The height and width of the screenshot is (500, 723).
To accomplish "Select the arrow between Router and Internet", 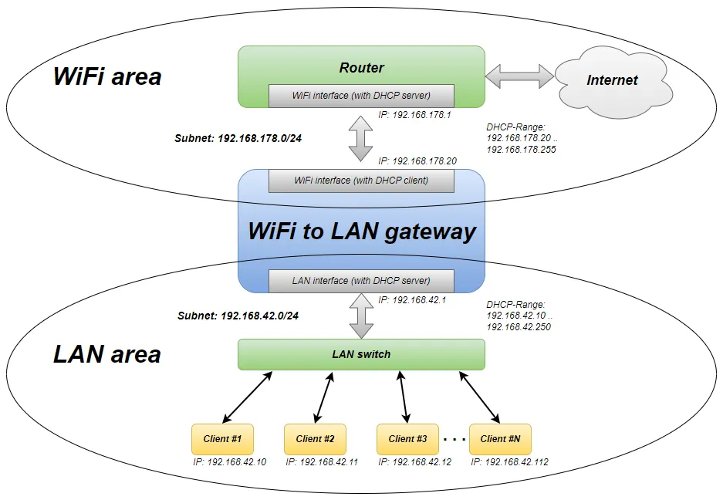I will point(519,75).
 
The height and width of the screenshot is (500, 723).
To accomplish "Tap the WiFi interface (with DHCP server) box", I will point(361,96).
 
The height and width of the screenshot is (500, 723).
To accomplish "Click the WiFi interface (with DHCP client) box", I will point(361,181).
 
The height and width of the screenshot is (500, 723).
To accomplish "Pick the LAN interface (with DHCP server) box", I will point(361,281).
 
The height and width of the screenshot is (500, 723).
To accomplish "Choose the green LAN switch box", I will point(361,354).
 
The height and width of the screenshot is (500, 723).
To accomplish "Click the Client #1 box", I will point(222,439).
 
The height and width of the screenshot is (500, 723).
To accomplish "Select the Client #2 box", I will point(315,439).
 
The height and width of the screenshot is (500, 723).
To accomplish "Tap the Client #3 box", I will point(407,439).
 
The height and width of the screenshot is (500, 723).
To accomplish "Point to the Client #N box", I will point(500,439).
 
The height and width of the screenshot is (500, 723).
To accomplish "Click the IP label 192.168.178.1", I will point(414,115).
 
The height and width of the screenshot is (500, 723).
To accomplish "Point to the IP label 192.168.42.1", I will point(412,299).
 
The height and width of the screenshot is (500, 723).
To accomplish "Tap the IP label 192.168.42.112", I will point(509,462).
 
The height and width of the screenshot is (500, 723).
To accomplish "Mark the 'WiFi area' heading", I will point(107,77).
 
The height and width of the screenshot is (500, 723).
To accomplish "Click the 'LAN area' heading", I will point(107,354).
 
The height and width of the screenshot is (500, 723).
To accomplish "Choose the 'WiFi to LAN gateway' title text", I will point(361,231).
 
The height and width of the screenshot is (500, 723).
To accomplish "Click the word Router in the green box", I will point(361,67).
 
